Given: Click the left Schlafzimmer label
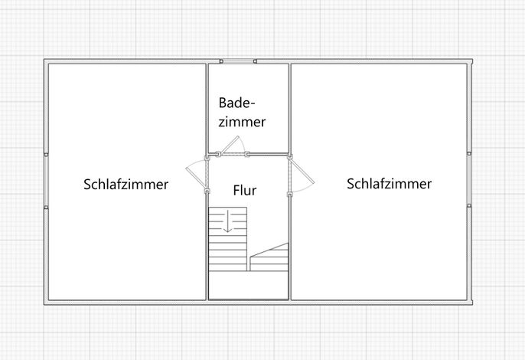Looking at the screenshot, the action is point(126,185).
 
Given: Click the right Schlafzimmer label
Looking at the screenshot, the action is point(389,184).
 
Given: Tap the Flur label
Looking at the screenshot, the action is point(245,191).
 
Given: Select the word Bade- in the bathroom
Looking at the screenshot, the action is point(236,103).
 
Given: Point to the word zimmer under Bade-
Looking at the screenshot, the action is point(242,122).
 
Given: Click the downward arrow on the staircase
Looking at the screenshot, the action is point(228,221).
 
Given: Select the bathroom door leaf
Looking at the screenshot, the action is point(230,145).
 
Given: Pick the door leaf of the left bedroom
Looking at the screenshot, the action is point(196,176).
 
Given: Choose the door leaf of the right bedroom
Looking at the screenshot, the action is point(302,172).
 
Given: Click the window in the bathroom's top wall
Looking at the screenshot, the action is point(239,61).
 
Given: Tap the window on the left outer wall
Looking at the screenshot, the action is point(46,181).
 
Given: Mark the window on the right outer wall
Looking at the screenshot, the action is point(469,179).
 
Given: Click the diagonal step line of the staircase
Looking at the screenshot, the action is point(269,250).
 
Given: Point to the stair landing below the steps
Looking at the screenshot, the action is point(248,285).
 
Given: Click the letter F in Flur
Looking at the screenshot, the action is point(236,191).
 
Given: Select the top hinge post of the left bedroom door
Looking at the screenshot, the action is point(207,159).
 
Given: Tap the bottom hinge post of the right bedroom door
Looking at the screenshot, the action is point(289,194).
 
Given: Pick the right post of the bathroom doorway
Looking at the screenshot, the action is point(247,154).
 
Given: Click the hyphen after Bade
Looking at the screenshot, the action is point(253,104).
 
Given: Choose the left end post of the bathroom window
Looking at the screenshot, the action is point(221,61).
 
